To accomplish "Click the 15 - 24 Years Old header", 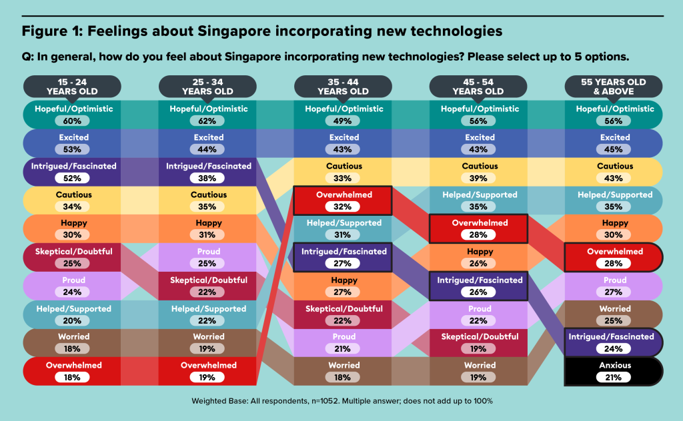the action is coord(72,87).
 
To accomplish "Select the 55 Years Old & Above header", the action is coord(614,87).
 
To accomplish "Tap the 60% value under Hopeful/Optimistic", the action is coord(72,121).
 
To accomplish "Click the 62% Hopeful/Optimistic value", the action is coord(207,121).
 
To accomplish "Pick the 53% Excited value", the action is coord(72,150).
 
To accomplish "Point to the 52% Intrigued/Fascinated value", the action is coord(72,179).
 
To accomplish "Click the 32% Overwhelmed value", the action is coord(343,207).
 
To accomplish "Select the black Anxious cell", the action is coord(614,372).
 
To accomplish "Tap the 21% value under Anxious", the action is coord(614,378).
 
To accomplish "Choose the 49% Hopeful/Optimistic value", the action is coord(343,121).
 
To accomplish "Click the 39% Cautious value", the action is coord(478,179).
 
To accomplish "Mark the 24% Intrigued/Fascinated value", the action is coord(614,349).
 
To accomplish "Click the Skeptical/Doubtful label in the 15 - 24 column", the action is coord(73,251).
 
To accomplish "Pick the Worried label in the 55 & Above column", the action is coord(615,309).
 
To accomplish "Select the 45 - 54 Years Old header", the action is coord(478,87).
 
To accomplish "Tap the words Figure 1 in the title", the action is coord(52,31).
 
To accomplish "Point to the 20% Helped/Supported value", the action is coord(72,320).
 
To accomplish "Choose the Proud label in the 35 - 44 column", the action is coord(344,336).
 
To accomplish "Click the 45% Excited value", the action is coord(614,150).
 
